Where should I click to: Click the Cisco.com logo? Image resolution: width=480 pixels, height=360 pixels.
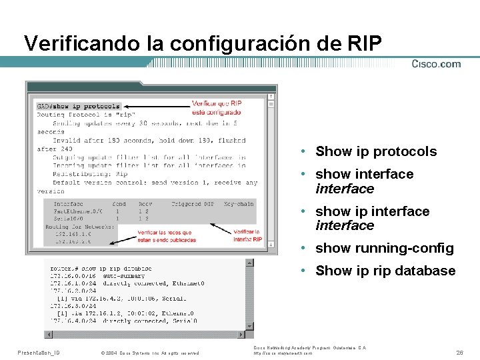pos(436,64)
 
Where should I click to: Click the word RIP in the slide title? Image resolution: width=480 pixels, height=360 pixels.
pos(365,43)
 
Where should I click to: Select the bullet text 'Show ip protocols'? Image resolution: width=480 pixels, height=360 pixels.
pos(376,151)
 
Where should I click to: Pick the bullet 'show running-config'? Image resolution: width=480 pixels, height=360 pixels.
pos(385,248)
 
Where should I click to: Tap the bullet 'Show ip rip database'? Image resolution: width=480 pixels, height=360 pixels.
pos(385,271)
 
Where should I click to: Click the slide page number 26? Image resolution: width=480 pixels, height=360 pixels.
pos(459,351)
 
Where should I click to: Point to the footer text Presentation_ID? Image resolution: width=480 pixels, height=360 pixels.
pos(39,352)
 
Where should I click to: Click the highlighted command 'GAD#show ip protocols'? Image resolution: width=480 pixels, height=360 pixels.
pos(79,106)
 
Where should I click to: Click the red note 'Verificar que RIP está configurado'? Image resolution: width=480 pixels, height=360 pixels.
pos(217,107)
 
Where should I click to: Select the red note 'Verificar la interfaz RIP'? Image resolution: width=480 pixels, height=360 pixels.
pos(247,235)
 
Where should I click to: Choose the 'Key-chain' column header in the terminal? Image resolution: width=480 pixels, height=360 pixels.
pos(238,203)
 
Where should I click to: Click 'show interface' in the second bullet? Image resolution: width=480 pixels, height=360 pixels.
pos(364,174)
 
